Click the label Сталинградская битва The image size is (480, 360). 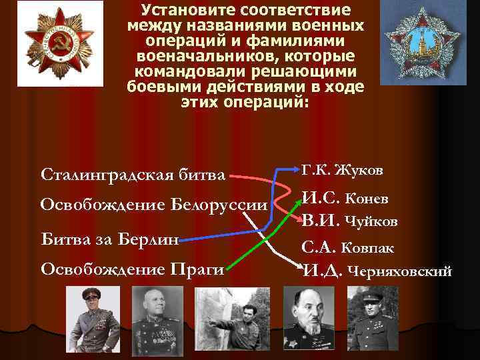click(x=133, y=175)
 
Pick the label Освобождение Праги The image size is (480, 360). click(x=132, y=269)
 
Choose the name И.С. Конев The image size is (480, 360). click(x=346, y=199)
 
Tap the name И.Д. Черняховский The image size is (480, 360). click(x=377, y=271)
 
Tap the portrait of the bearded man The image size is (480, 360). click(x=309, y=319)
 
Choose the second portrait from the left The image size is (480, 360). click(x=157, y=319)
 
